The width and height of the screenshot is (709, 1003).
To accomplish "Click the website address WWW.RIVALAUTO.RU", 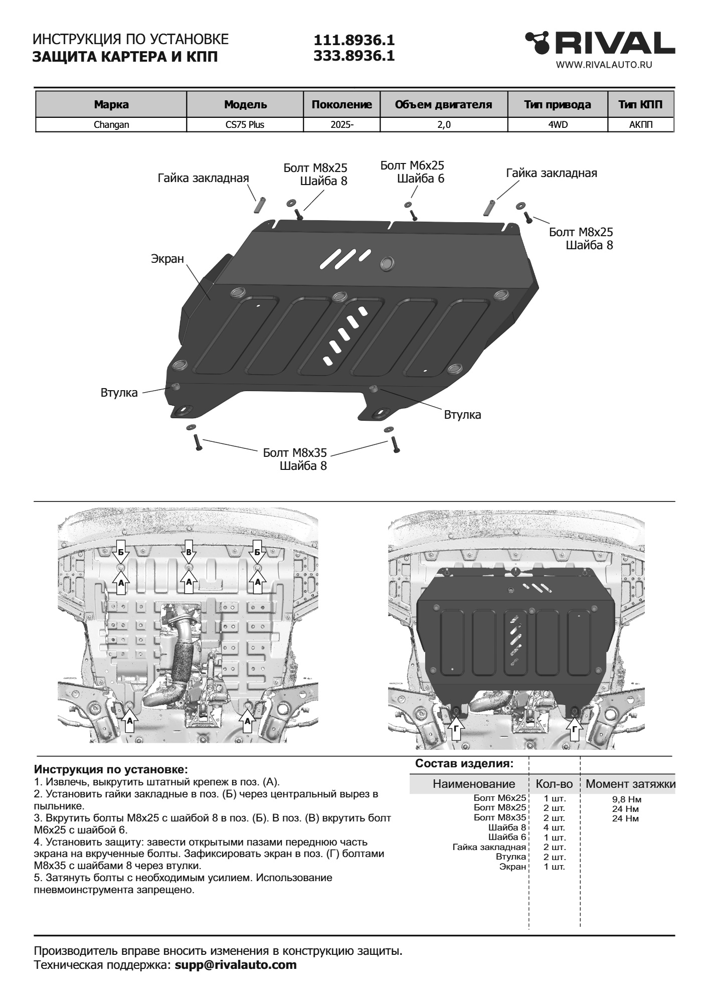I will click(x=604, y=65).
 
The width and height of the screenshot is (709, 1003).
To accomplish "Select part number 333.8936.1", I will click(x=354, y=56).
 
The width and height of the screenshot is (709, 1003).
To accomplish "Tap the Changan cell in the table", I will click(x=111, y=125).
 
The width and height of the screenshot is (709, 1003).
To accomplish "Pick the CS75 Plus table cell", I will click(x=245, y=125).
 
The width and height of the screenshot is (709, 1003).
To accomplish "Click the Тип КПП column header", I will click(x=640, y=105).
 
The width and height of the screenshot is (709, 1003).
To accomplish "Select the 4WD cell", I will click(x=558, y=125).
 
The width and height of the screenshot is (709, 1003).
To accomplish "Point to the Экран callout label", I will click(x=167, y=259).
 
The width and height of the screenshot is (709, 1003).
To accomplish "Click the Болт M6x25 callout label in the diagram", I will click(x=412, y=165).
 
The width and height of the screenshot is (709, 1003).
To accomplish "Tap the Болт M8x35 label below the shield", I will click(x=295, y=453).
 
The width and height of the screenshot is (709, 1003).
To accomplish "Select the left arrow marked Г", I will click(x=455, y=731).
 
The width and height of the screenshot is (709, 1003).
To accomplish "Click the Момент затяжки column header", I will click(x=630, y=784).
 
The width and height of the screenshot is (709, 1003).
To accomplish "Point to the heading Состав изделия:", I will click(x=464, y=764).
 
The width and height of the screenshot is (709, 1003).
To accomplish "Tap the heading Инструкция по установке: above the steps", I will click(x=111, y=769).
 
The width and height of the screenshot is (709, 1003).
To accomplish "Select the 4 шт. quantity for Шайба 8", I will click(x=554, y=827).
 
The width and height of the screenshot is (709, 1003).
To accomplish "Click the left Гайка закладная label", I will click(x=203, y=179).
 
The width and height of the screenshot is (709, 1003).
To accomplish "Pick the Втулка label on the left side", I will click(x=119, y=393).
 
